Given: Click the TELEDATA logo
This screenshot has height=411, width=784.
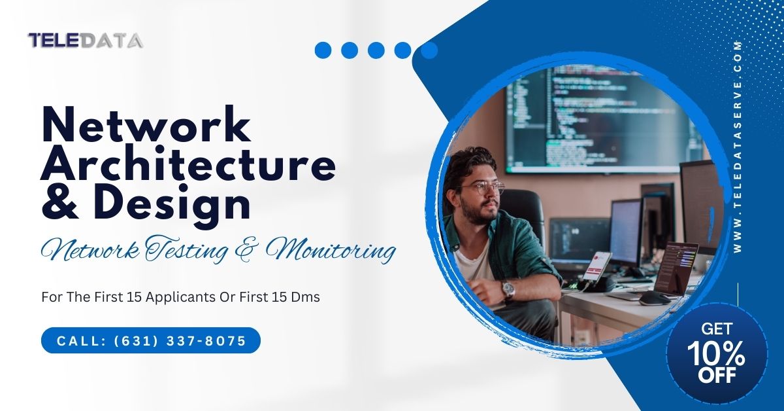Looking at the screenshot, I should click(x=86, y=41).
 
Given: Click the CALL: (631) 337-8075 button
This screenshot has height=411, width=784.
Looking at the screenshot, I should click(x=151, y=341).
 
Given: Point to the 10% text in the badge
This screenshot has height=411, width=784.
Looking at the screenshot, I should click(x=716, y=354).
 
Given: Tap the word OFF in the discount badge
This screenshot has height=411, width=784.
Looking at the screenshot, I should click(x=717, y=376).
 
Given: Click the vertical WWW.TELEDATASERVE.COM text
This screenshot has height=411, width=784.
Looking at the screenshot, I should click(x=738, y=147).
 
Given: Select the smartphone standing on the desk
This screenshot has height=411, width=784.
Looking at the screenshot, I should click(x=597, y=265).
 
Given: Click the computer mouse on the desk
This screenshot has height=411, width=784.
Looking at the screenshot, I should click(x=653, y=298).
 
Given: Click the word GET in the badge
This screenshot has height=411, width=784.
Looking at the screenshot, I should click(x=716, y=329).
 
